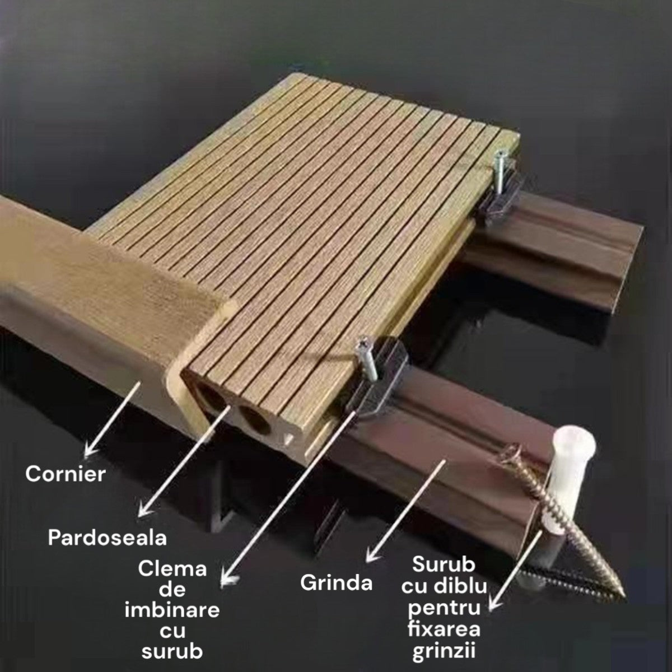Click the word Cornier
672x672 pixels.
tap(66, 474)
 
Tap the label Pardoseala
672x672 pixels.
tap(108, 538)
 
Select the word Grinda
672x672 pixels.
tap(337, 582)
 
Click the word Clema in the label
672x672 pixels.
tap(172, 570)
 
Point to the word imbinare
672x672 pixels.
tap(172, 610)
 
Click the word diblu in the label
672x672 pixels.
tap(465, 586)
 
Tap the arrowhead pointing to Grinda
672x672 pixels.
tap(368, 558)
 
